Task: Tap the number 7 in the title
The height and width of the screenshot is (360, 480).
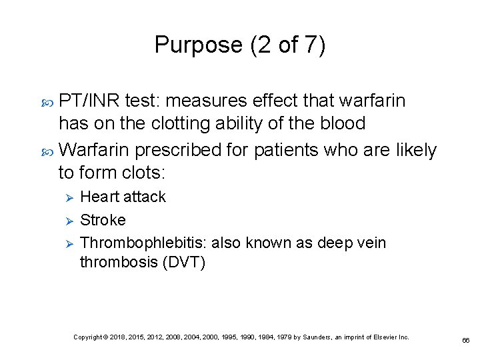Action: click(311, 45)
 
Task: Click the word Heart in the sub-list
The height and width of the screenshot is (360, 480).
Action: click(99, 197)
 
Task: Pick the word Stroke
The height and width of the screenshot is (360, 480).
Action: click(103, 220)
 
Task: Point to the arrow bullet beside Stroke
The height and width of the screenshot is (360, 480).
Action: click(66, 220)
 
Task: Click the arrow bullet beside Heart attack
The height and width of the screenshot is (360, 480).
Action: click(66, 197)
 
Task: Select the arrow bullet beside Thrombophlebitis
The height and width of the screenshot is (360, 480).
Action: click(66, 243)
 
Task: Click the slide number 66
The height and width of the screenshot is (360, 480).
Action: click(466, 340)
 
